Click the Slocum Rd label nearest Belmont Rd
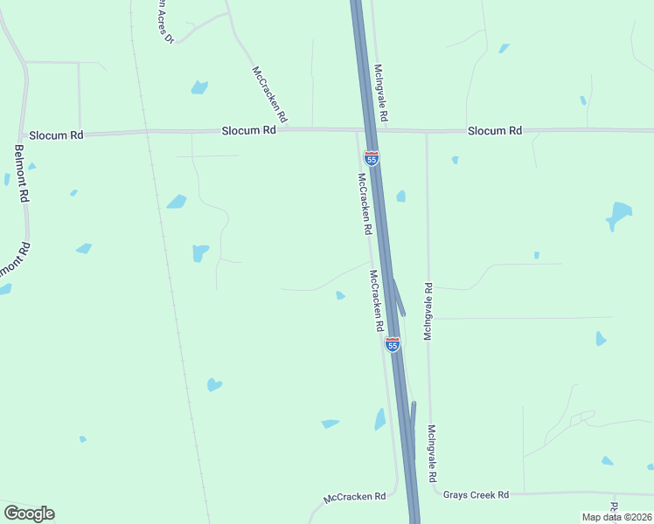click(x=56, y=135)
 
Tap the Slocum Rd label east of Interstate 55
click(x=495, y=130)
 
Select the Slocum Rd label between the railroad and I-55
click(x=249, y=129)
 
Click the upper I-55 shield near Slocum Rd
click(x=372, y=158)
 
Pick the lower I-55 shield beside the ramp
click(x=393, y=344)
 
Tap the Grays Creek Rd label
click(x=476, y=495)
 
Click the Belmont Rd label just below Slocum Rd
click(x=22, y=173)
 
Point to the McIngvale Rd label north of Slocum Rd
click(x=380, y=92)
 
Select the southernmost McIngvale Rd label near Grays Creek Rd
click(x=432, y=454)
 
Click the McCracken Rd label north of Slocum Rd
click(x=269, y=94)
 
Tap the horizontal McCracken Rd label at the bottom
click(x=355, y=498)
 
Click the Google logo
click(x=29, y=514)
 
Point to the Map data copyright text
click(x=616, y=517)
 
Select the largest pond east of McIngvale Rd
click(x=619, y=215)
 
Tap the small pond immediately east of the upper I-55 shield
click(x=400, y=196)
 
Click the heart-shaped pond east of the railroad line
click(x=214, y=384)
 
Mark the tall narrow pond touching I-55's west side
click(x=380, y=419)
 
